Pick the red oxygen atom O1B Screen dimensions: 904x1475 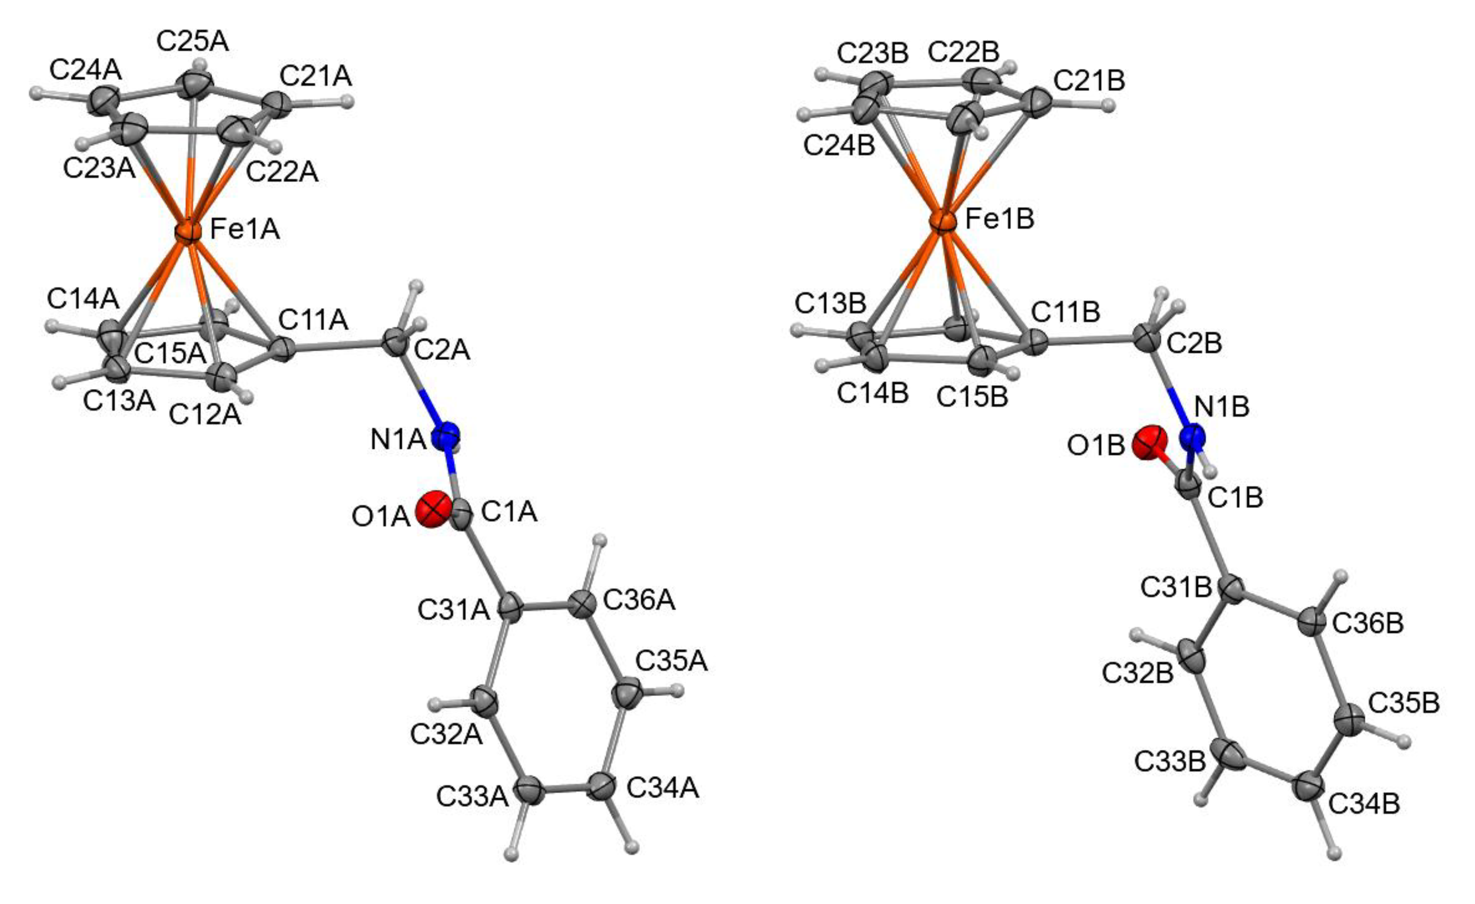click(1149, 443)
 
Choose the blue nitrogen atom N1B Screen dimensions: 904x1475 click(1192, 438)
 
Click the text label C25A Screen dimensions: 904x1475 click(193, 43)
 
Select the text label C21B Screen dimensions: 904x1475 click(1089, 81)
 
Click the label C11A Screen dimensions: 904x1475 click(313, 320)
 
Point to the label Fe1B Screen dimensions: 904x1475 click(1000, 219)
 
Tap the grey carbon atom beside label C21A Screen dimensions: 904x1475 click(277, 106)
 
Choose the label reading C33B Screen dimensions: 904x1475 click(1170, 762)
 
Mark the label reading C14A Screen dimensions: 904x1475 click(83, 299)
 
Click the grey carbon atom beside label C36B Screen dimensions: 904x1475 click(1311, 623)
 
